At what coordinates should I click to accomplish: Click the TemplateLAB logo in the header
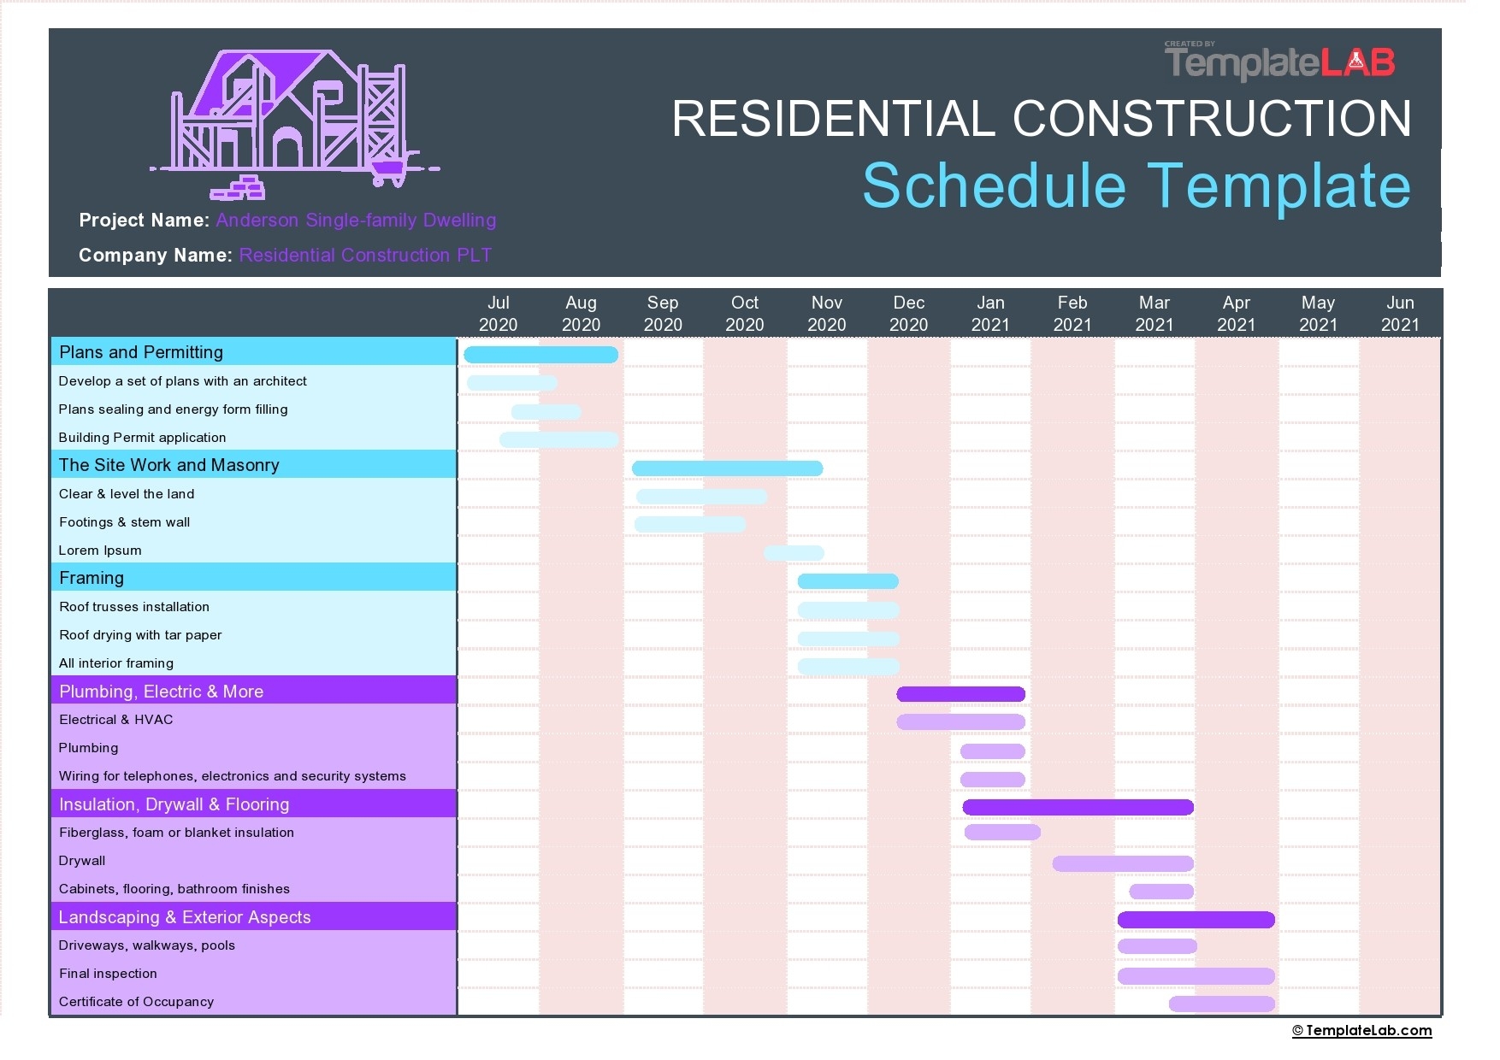pos(1279,62)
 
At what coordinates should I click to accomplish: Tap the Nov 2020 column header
pos(826,314)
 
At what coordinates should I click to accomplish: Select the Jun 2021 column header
pos(1399,314)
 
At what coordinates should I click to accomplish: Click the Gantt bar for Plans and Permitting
pos(540,354)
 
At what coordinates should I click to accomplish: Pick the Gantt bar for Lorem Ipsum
pos(794,553)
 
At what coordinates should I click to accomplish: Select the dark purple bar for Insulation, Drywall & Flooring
pos(1078,807)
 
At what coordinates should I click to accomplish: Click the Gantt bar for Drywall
pos(1122,863)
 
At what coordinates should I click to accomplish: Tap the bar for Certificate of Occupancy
pos(1221,1004)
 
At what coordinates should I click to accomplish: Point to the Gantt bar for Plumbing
pos(992,751)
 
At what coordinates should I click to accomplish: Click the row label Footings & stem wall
pos(125,522)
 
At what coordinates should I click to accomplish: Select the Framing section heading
pos(92,578)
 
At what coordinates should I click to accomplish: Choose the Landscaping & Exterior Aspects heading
pos(185,917)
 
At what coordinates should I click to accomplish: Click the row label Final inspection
pos(108,974)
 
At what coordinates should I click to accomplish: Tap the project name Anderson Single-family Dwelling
pos(356,220)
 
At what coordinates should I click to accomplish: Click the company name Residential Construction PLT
pos(365,255)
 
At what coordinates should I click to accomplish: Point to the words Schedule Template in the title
pos(1136,185)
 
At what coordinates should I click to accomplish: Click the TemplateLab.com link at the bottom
pos(1361,1030)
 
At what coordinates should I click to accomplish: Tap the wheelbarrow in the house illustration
pos(389,171)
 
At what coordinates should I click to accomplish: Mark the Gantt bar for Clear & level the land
pos(701,497)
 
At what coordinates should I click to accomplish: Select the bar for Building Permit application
pos(558,439)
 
